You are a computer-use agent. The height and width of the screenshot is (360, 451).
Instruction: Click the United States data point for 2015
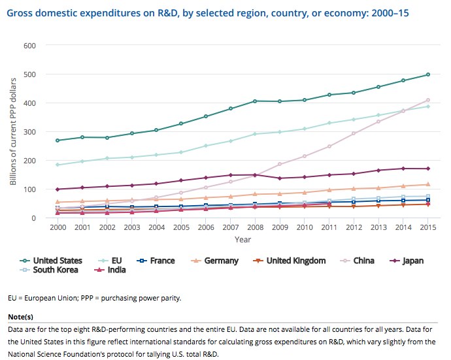click(427, 74)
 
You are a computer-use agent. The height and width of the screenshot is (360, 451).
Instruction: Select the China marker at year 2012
click(372, 133)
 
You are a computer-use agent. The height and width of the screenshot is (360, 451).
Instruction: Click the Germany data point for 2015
click(427, 184)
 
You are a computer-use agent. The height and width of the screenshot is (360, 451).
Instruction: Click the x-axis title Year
click(242, 240)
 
